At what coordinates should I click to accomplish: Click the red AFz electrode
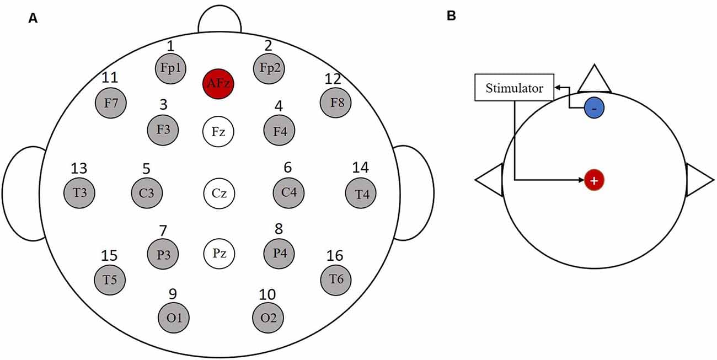pos(218,84)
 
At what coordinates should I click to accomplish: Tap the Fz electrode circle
pos(218,132)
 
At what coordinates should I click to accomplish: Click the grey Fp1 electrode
pos(170,69)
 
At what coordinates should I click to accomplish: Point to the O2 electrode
pos(268,318)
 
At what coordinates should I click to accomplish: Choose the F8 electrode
pos(336,103)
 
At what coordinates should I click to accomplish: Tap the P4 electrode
pos(280,253)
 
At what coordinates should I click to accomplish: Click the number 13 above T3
pos(79,168)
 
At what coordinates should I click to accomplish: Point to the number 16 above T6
pos(335,256)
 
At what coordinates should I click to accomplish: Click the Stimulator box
pos(514,88)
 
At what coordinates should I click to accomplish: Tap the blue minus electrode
pos(595,109)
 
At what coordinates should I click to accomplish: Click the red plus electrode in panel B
pos(594,180)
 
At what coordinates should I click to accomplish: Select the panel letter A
pos(33,19)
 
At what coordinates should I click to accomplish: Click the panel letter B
pos(451,16)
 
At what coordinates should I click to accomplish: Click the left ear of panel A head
pos(23,193)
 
